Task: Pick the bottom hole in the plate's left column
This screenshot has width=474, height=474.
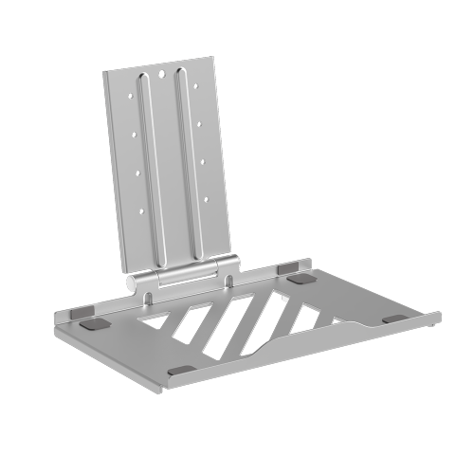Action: [142, 210]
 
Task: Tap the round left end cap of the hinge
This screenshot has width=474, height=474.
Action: [136, 283]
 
